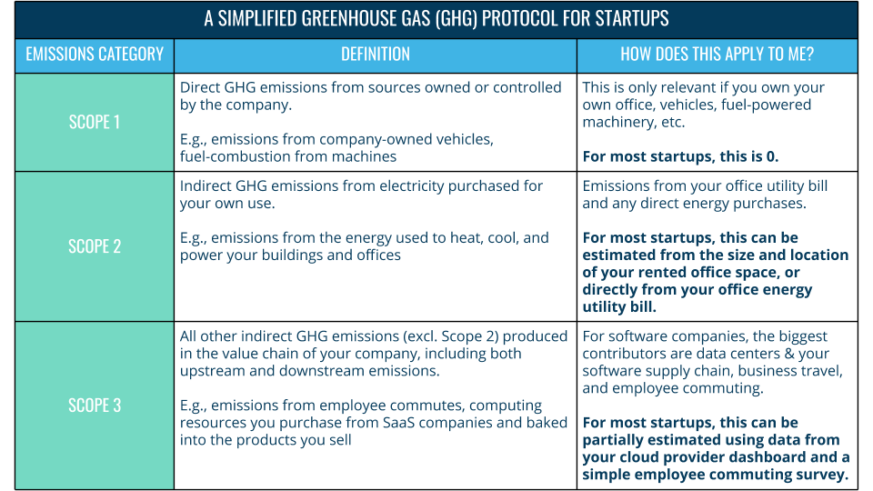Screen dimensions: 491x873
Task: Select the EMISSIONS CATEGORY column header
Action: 95,55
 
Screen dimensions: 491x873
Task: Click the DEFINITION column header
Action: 376,55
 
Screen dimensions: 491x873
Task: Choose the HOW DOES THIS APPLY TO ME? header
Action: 717,55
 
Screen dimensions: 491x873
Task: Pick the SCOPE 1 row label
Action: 95,122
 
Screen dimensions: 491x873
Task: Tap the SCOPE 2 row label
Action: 95,246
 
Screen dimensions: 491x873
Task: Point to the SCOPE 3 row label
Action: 95,406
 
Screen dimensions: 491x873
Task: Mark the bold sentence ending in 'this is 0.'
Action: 680,156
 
